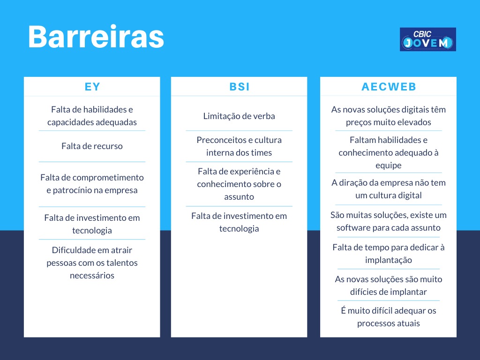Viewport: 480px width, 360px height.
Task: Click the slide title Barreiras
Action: [96, 37]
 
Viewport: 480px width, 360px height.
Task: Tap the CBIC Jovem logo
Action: [427, 39]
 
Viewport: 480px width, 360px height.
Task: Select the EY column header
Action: [92, 87]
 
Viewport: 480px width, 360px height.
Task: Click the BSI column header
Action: [240, 87]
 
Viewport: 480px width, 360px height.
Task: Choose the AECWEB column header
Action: [389, 87]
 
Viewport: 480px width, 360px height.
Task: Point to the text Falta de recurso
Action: [92, 146]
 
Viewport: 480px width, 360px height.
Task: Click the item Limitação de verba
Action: [239, 116]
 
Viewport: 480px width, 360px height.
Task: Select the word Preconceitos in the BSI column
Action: [217, 140]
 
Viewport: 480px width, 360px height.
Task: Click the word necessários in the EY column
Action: [92, 276]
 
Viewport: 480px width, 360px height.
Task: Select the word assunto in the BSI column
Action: [239, 197]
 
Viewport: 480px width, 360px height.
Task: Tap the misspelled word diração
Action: [353, 183]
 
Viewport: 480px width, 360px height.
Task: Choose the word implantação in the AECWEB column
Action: [389, 260]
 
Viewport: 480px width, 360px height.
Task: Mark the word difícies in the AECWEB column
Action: [363, 292]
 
